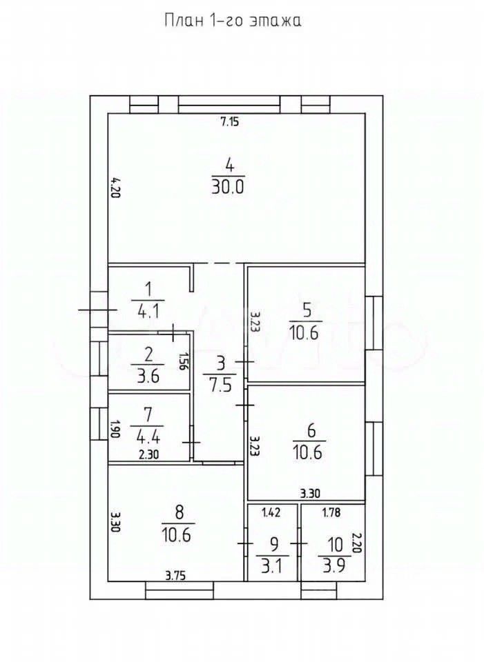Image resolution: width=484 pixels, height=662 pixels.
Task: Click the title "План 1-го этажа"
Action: [233, 21]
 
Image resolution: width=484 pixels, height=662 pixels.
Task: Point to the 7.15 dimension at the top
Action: [229, 122]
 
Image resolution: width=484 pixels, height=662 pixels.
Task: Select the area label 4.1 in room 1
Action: [146, 312]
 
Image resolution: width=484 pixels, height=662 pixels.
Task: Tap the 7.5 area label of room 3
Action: [220, 385]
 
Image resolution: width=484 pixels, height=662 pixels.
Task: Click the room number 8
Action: [180, 512]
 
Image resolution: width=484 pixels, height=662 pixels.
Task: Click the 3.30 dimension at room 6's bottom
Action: [309, 493]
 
